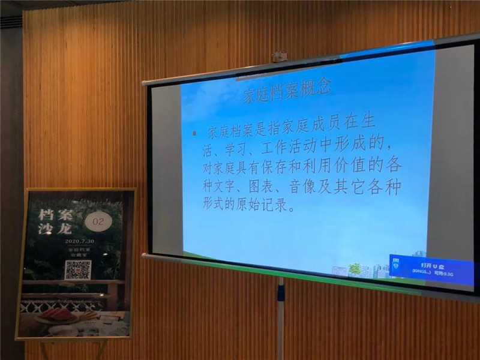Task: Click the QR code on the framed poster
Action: click(x=78, y=269)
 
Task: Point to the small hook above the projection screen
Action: click(x=279, y=57)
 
